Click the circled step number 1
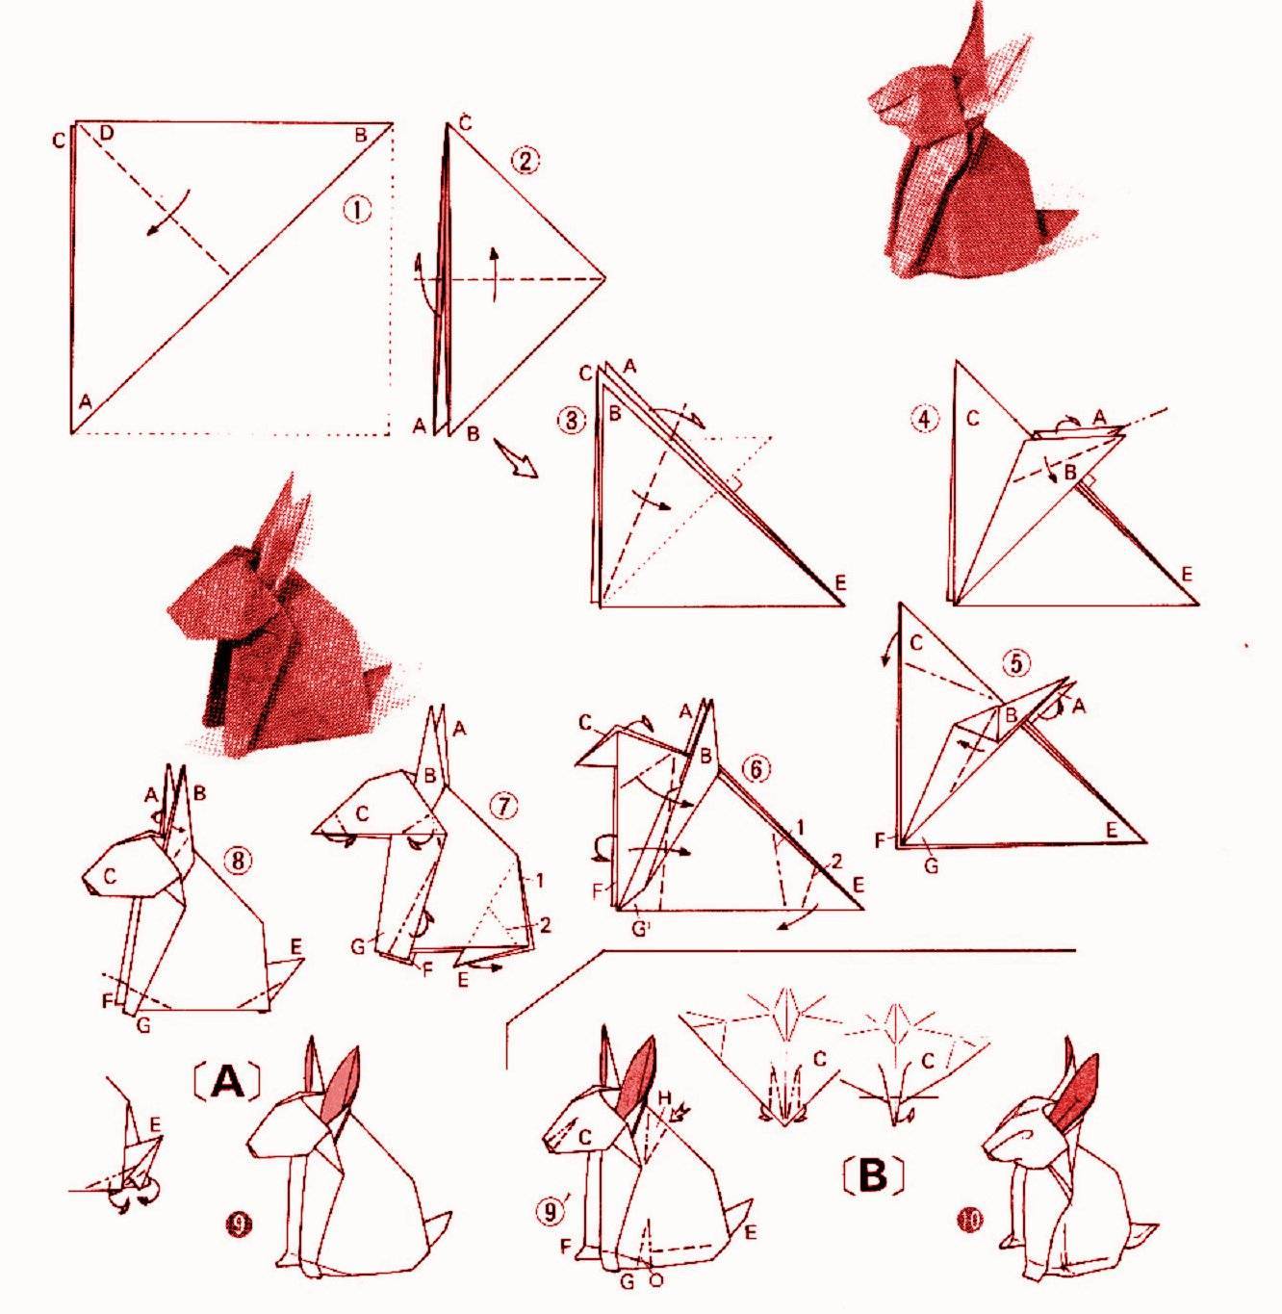pos(357,210)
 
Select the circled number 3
pos(571,421)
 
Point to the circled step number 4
pos(924,420)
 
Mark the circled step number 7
pos(502,808)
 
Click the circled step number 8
pos(239,861)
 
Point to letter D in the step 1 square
pos(106,134)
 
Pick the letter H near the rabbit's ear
pos(664,1097)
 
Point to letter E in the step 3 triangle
pos(840,582)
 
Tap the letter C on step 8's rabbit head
pos(111,876)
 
